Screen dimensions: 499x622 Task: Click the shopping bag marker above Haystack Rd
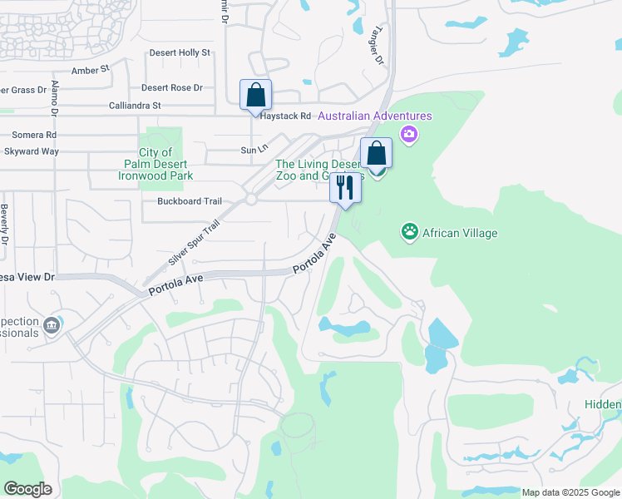click(x=255, y=95)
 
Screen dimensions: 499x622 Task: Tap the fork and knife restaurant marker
click(x=345, y=187)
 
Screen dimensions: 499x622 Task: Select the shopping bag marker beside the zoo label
click(x=376, y=154)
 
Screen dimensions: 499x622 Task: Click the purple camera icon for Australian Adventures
click(x=408, y=134)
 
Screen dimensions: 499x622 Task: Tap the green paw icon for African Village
click(x=409, y=232)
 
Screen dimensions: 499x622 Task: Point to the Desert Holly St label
click(x=180, y=52)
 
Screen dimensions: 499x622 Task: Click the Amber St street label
click(x=91, y=71)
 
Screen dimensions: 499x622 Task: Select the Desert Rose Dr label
click(x=172, y=87)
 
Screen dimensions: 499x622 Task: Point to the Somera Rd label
click(x=34, y=134)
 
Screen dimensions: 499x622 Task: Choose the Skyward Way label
click(x=32, y=151)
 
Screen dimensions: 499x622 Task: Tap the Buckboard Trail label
click(x=190, y=201)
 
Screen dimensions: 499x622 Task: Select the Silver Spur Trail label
click(x=194, y=242)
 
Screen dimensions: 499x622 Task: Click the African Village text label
click(x=461, y=233)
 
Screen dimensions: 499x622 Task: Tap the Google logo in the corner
click(x=27, y=489)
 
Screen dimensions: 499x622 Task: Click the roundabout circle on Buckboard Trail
click(x=250, y=200)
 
